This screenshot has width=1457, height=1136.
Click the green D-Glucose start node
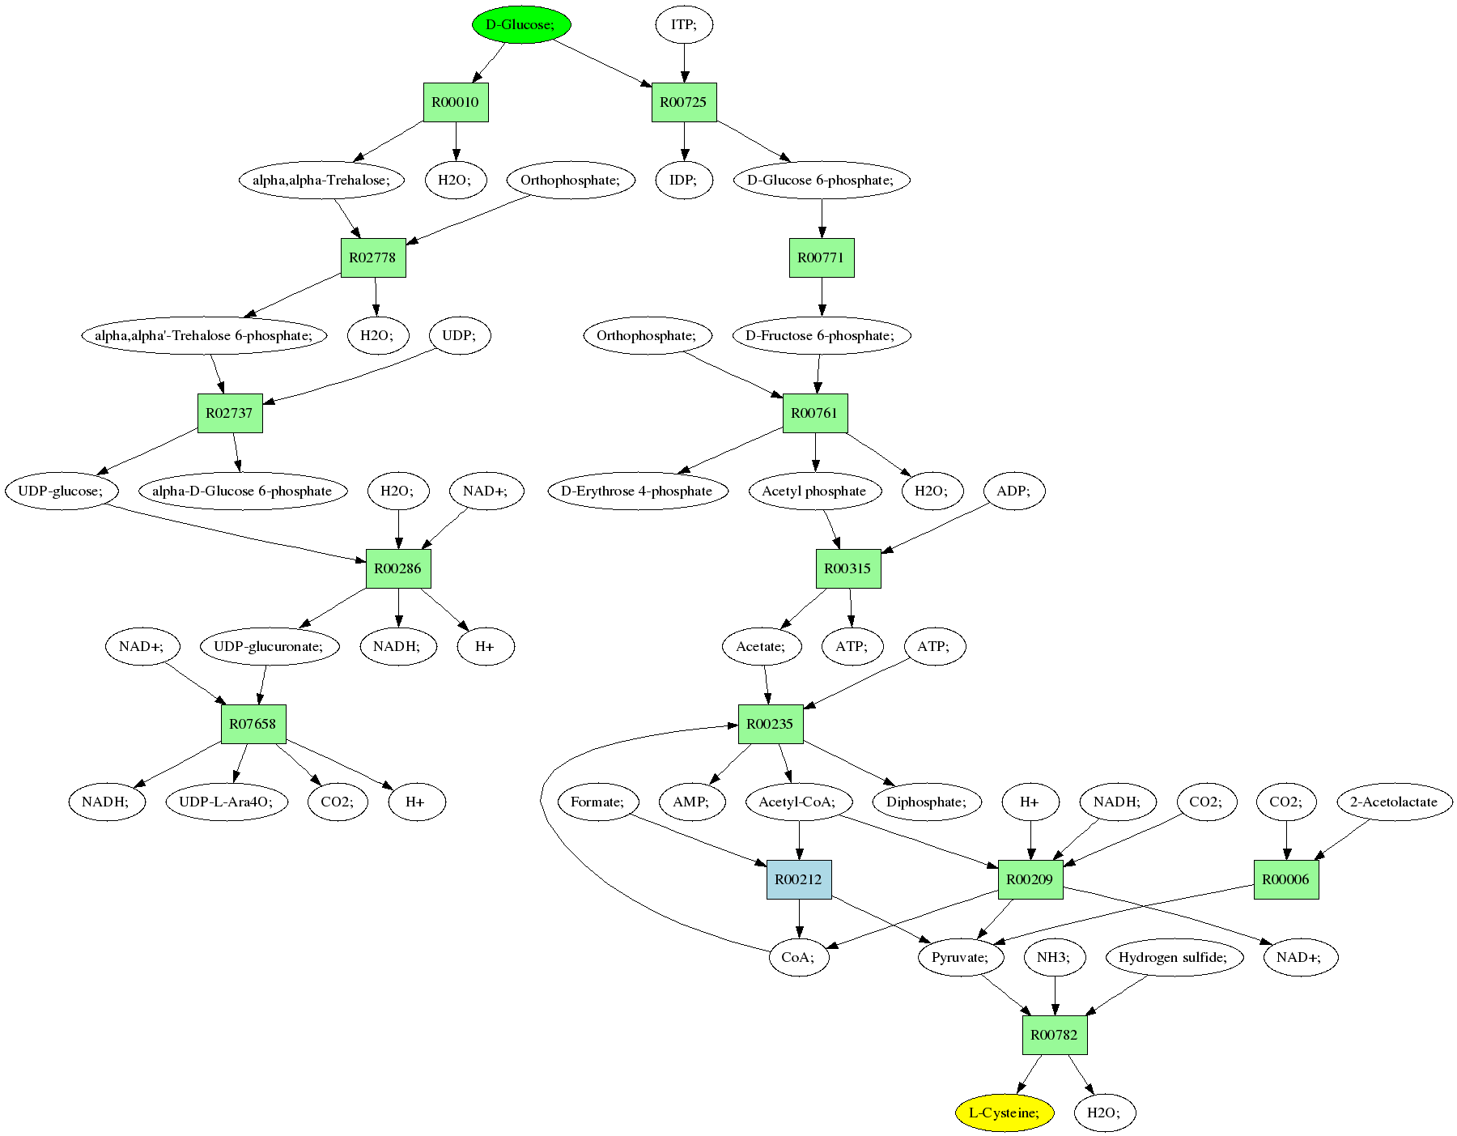[x=521, y=24]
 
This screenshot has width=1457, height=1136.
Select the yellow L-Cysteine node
[x=1004, y=1113]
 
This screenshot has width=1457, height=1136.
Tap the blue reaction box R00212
[x=799, y=879]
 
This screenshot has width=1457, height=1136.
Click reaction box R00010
[x=456, y=102]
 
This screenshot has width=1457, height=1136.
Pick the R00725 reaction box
[x=684, y=102]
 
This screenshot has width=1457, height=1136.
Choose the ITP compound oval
[x=684, y=24]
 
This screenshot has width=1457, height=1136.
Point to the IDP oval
[x=684, y=180]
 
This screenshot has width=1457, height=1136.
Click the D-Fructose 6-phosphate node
[x=822, y=335]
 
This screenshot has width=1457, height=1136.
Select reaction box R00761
[x=815, y=413]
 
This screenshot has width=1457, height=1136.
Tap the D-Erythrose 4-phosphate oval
[x=637, y=491]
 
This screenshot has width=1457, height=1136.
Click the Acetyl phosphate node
[x=814, y=491]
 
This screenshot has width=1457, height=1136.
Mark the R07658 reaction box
[x=253, y=724]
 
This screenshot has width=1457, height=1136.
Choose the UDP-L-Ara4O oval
[x=227, y=802]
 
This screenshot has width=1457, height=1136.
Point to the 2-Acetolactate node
[x=1394, y=802]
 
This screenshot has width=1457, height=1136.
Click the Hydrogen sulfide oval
[x=1174, y=957]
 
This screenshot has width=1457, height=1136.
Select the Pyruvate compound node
[x=961, y=957]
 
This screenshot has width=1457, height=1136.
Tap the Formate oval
[x=598, y=802]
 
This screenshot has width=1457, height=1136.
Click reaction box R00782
[x=1055, y=1035]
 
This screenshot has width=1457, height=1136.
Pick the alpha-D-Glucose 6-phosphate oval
[x=242, y=491]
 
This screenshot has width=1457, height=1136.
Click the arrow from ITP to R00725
[x=684, y=63]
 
